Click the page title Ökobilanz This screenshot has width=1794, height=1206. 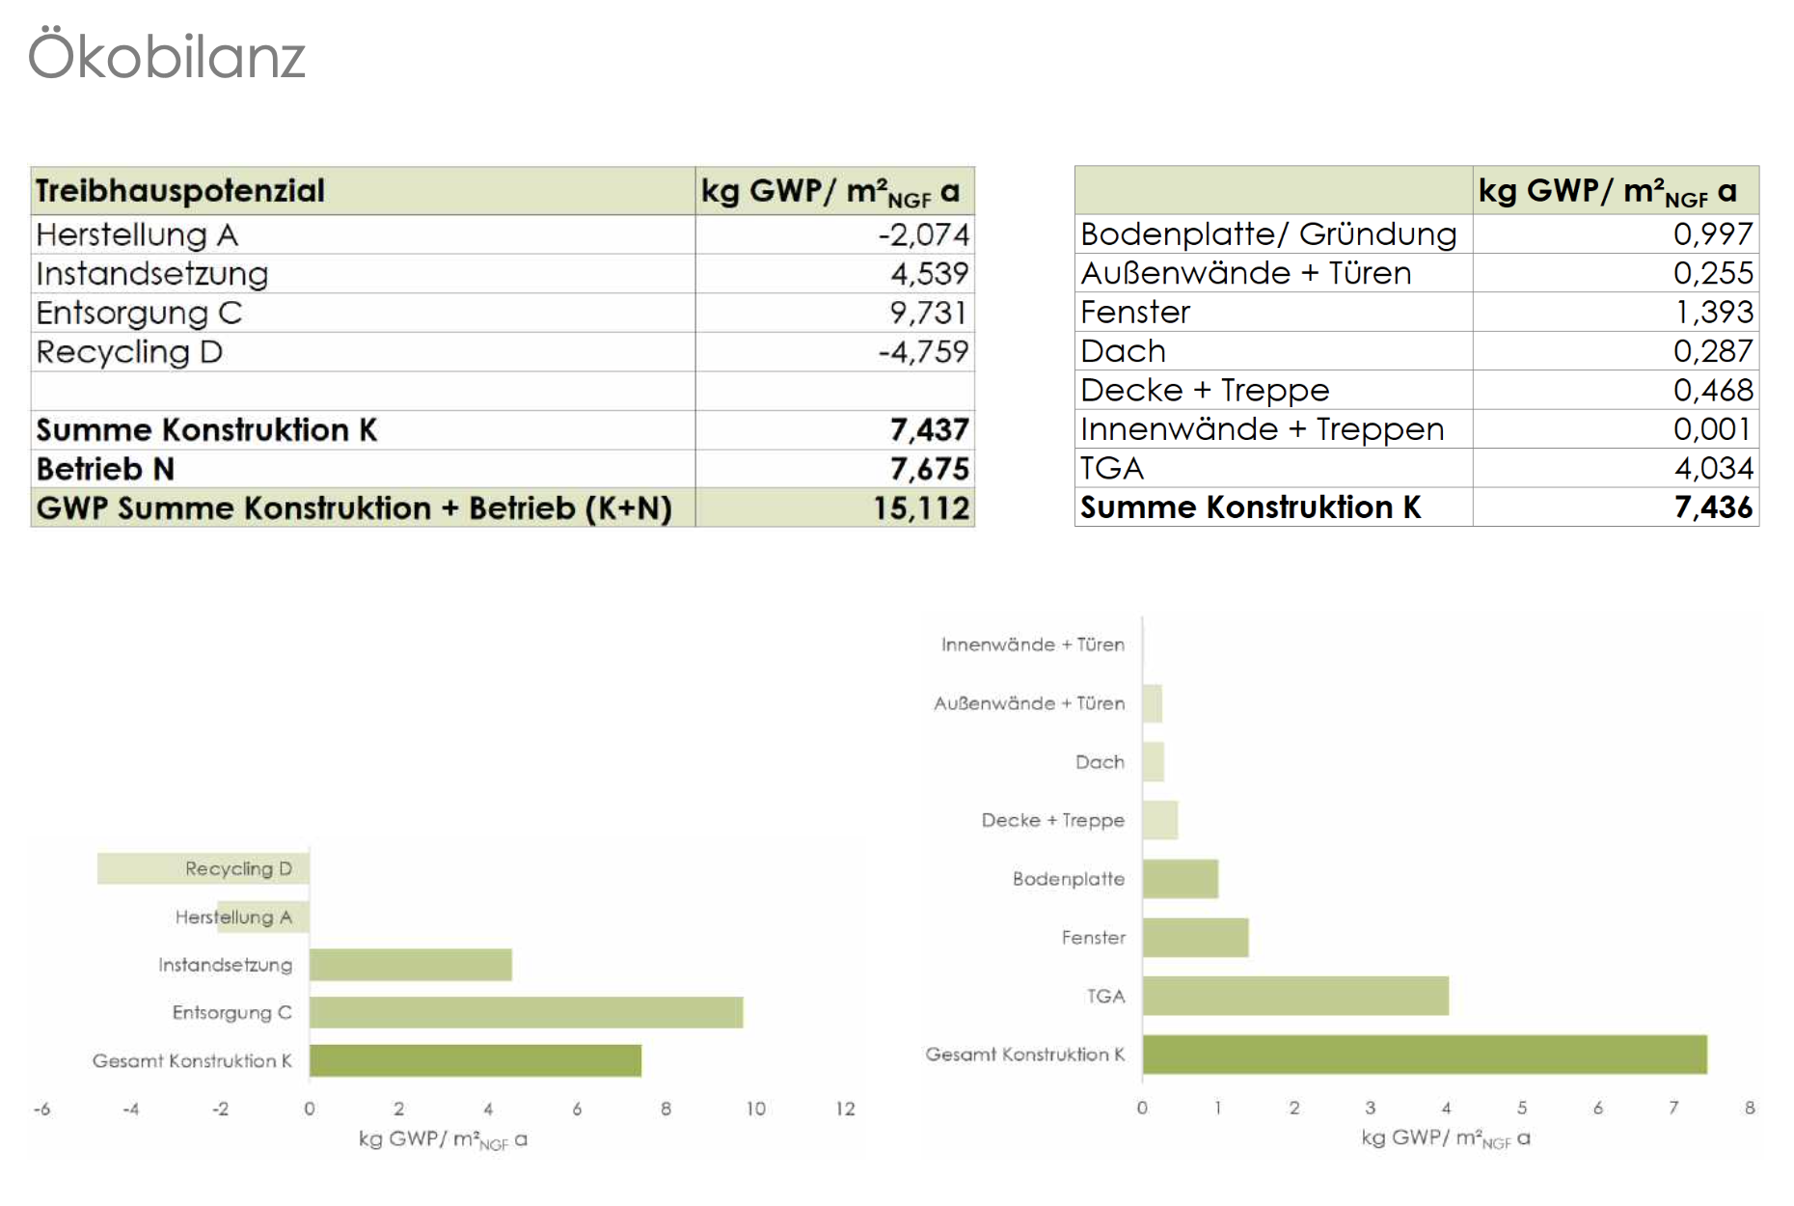(x=167, y=56)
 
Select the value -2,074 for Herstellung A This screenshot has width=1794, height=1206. (x=923, y=234)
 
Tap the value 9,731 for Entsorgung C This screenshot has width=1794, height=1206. (x=928, y=313)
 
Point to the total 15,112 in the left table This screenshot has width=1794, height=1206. (x=921, y=508)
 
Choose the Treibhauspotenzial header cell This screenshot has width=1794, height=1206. (x=180, y=191)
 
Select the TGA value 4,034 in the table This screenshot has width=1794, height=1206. (x=1713, y=468)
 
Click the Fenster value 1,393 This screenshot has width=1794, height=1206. (x=1714, y=312)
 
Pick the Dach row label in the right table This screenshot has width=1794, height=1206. (x=1123, y=351)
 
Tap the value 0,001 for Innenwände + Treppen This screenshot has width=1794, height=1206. (x=1712, y=429)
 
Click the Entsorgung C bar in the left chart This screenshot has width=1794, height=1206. (x=526, y=1012)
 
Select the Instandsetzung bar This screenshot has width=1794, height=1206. (x=410, y=965)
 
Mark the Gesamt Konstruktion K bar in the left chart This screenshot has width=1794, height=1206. (x=475, y=1060)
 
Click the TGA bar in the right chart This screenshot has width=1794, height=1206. (x=1295, y=996)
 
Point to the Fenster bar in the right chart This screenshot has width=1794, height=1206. (x=1195, y=938)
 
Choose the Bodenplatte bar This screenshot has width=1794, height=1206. (x=1180, y=879)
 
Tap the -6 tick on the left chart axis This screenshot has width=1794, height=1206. (x=41, y=1110)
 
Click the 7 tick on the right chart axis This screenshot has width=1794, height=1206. (x=1673, y=1108)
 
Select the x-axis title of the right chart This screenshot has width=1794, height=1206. (x=1445, y=1138)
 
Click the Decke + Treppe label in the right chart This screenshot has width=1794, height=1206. (x=1052, y=820)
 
